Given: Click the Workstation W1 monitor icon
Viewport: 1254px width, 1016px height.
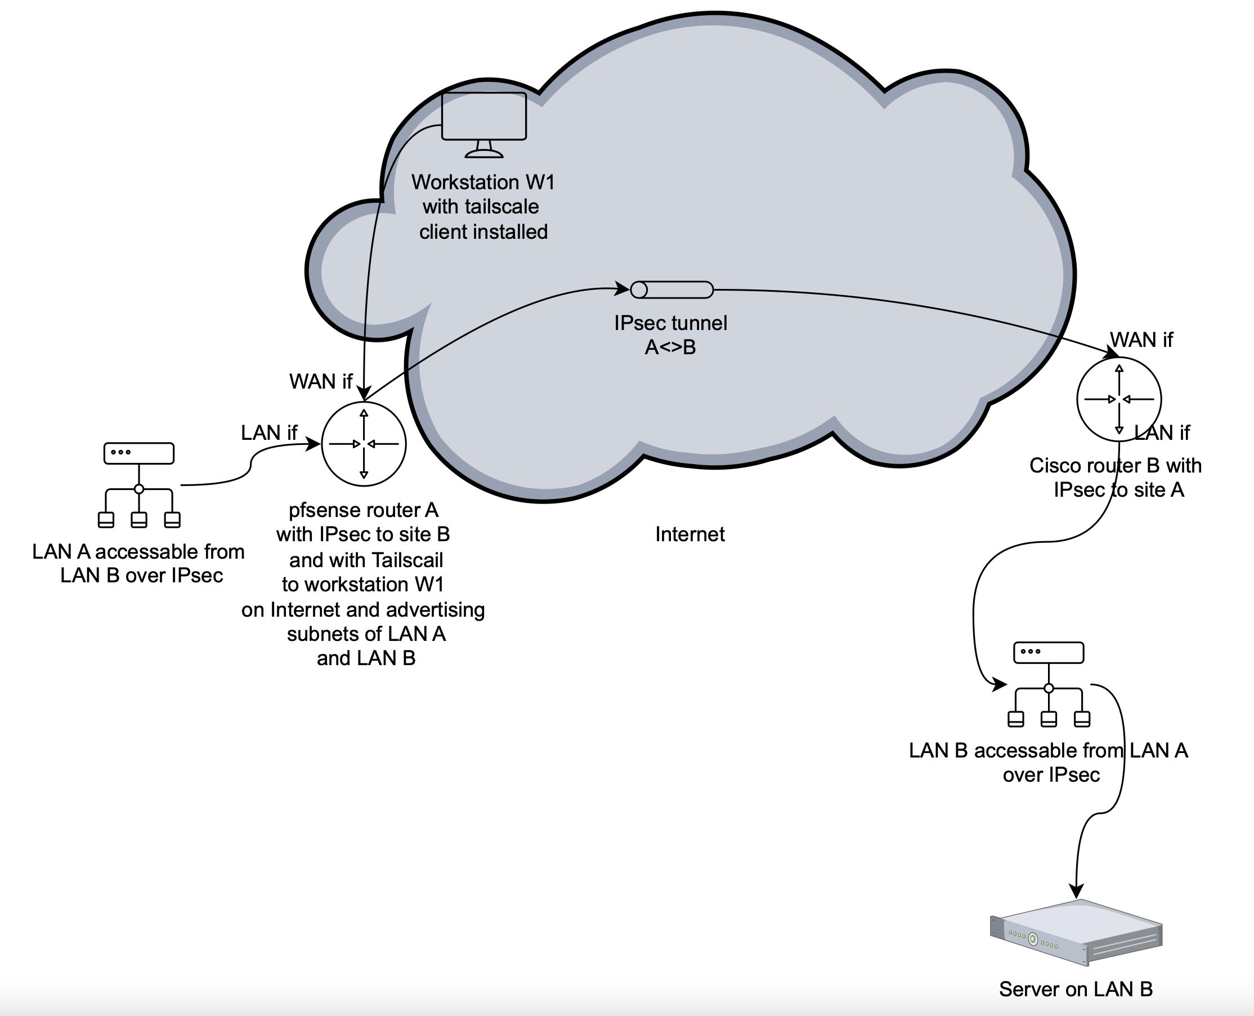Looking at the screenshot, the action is coord(483,124).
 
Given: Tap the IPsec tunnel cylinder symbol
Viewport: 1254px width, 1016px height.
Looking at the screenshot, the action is coord(671,289).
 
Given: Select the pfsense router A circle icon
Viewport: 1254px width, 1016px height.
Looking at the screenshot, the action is coord(364,444).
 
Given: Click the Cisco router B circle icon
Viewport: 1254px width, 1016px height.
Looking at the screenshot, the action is coord(1119,399).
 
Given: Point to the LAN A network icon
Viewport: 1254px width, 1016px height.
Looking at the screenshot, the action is coord(138,485).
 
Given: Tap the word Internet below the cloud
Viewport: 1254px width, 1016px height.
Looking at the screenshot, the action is coord(689,534).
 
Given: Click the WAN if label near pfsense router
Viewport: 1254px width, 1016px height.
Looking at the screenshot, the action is coord(320,382).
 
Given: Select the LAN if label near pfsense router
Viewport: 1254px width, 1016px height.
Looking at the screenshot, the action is coord(269,433).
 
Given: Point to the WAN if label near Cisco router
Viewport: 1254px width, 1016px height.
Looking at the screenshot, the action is coord(1141,340).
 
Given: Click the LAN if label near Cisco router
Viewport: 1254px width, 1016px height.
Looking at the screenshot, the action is coord(1162,433).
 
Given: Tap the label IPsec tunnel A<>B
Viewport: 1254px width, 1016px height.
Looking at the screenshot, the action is coord(670,335).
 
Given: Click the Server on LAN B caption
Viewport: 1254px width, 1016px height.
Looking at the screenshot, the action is coord(1076,989).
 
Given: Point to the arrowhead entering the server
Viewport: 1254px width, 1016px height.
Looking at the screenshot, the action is coord(1076,891).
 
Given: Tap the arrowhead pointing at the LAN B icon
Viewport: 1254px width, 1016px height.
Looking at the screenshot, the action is coord(999,685).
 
